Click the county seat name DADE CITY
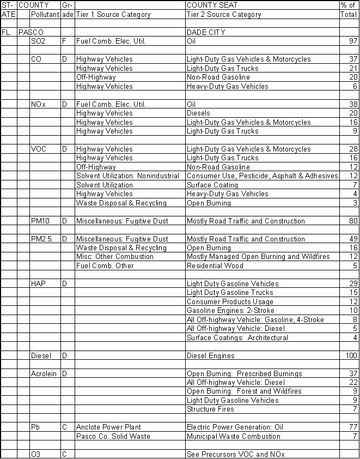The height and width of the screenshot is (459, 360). (206, 32)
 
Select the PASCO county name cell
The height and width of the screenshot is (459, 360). (31, 32)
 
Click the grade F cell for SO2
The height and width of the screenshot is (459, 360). (64, 41)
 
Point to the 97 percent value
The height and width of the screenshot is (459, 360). (353, 41)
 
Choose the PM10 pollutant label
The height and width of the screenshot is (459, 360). (41, 221)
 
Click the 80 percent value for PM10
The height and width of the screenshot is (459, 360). (353, 221)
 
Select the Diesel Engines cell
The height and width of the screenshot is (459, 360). (211, 355)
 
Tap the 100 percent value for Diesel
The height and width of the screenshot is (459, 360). (351, 355)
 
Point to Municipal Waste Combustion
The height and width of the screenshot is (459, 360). (234, 436)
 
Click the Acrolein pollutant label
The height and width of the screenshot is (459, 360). (44, 373)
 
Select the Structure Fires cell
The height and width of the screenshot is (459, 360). (210, 409)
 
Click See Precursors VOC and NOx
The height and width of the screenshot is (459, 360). (235, 454)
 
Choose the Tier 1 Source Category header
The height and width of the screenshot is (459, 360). (113, 15)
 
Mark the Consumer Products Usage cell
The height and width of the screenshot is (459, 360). (230, 301)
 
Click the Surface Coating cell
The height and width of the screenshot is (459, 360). (212, 185)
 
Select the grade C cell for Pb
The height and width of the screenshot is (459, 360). (64, 427)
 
